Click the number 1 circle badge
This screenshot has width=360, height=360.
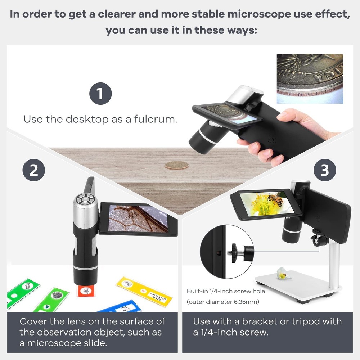(x=100, y=94)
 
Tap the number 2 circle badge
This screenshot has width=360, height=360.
(x=33, y=170)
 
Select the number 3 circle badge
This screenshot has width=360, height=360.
(x=325, y=170)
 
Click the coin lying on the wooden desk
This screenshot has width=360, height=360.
(x=176, y=165)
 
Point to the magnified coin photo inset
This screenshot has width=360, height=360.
(x=310, y=79)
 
